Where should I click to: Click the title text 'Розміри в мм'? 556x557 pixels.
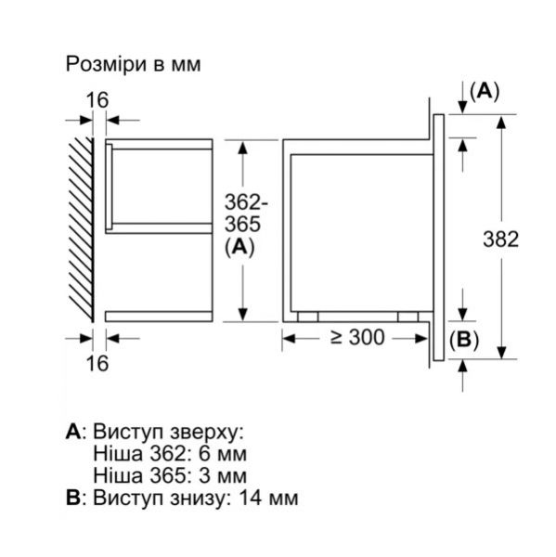point(133,65)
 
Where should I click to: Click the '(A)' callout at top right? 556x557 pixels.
point(484,91)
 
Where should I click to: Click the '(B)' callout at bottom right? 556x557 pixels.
point(464,340)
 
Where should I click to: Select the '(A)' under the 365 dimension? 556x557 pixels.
point(239,248)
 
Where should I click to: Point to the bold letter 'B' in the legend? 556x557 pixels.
point(73,499)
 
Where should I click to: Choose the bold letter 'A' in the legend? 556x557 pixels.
point(73,434)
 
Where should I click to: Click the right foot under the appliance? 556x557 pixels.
point(407,316)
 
